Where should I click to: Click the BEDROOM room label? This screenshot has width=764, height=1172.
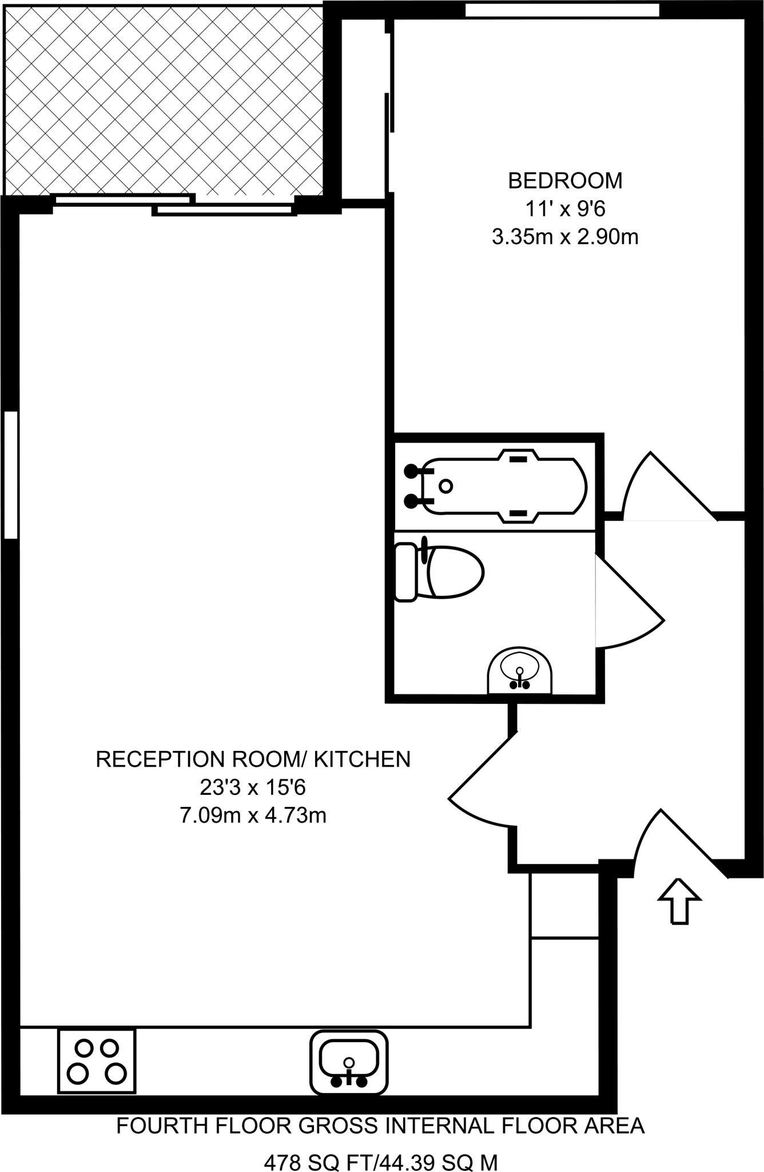click(x=564, y=181)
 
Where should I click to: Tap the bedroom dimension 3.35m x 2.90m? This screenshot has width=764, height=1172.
click(x=564, y=236)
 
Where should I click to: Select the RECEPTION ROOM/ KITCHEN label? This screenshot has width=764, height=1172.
click(x=253, y=759)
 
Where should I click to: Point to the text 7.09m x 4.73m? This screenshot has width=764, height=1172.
click(x=253, y=815)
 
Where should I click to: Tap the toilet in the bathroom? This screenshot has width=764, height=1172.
click(x=439, y=572)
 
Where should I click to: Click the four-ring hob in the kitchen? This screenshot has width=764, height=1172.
click(x=97, y=1061)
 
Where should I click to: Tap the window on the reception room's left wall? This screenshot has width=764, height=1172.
click(x=10, y=474)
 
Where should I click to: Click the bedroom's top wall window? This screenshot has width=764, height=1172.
click(x=562, y=10)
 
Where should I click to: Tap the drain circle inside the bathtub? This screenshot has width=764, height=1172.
click(x=446, y=486)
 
